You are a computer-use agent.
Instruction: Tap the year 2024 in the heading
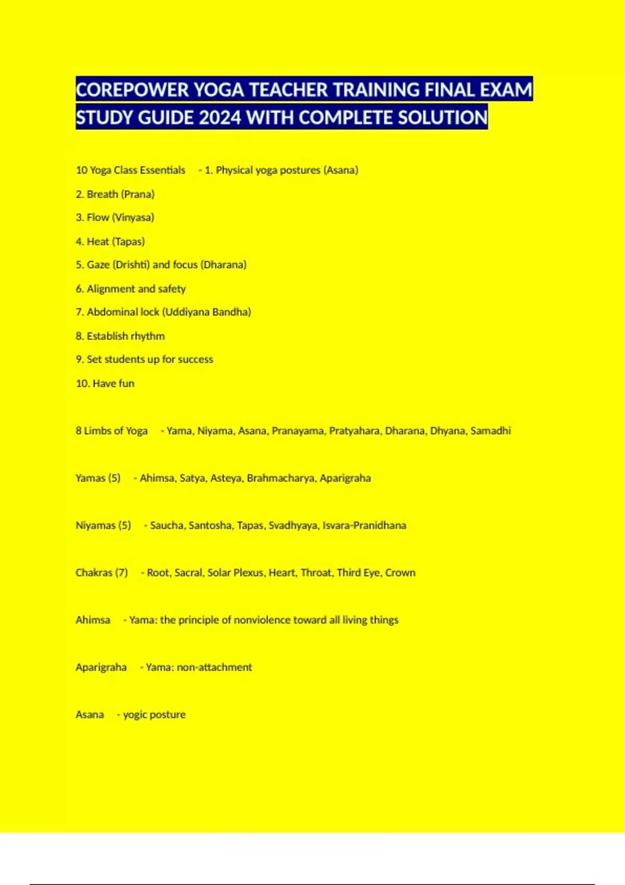click(x=219, y=118)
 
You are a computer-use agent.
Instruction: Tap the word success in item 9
click(x=195, y=360)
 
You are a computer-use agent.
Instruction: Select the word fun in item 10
click(x=127, y=384)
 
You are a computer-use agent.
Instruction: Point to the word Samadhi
click(x=490, y=431)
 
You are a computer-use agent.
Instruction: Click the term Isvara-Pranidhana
click(x=364, y=526)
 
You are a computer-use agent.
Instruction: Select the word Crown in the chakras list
click(x=401, y=573)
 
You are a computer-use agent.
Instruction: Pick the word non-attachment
click(x=214, y=667)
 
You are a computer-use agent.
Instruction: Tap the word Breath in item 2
click(x=102, y=195)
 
